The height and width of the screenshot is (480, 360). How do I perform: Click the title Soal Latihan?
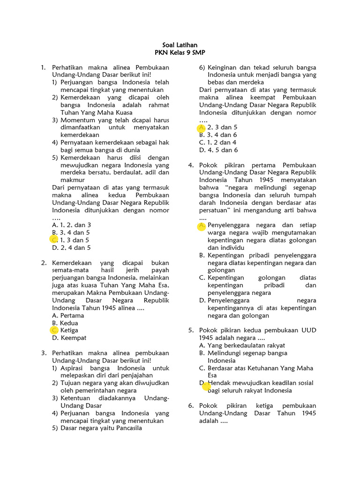click(180, 45)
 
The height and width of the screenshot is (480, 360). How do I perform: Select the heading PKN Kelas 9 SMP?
click(180, 52)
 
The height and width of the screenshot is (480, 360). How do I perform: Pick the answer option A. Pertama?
click(68, 315)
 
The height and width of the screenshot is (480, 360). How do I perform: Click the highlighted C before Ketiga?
click(54, 330)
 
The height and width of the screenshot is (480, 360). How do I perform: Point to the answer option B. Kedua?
click(66, 323)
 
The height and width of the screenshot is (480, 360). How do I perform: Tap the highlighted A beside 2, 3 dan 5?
click(202, 127)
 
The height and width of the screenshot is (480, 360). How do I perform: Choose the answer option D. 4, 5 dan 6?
click(218, 150)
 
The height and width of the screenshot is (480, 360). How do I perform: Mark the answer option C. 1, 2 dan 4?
click(218, 142)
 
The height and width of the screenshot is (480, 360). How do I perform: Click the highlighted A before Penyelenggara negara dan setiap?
click(202, 225)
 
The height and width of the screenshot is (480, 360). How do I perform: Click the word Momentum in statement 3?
click(76, 120)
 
